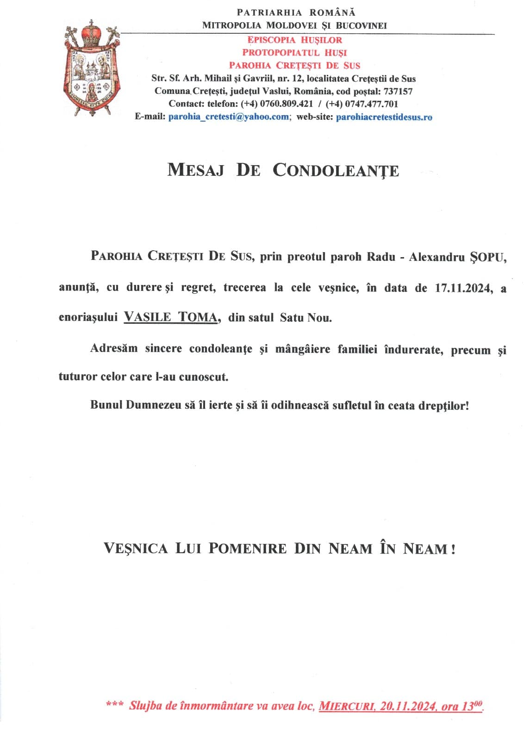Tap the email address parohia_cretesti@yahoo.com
(x=229, y=117)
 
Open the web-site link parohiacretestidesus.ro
(x=384, y=117)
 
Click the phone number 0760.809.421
(x=283, y=104)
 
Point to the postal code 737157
(x=398, y=92)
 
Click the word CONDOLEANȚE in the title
(x=336, y=170)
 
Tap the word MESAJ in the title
(x=195, y=170)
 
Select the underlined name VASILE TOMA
(x=171, y=318)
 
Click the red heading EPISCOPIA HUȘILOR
(x=295, y=40)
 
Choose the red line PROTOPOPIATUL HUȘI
(x=294, y=53)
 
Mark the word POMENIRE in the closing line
(x=247, y=549)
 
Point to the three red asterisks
(x=114, y=704)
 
